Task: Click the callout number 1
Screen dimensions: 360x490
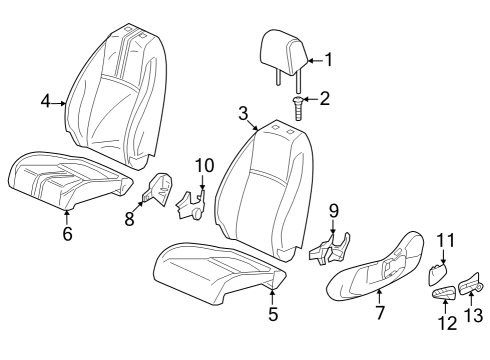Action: pyautogui.click(x=328, y=60)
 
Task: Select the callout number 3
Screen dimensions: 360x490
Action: pyautogui.click(x=243, y=113)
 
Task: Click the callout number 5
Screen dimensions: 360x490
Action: pyautogui.click(x=273, y=313)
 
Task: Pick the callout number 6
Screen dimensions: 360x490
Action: pyautogui.click(x=67, y=233)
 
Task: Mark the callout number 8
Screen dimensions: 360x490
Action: pyautogui.click(x=129, y=219)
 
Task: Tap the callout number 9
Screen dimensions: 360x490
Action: pyautogui.click(x=334, y=211)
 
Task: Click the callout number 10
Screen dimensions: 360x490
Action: pyautogui.click(x=204, y=165)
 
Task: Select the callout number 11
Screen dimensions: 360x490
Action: pyautogui.click(x=445, y=240)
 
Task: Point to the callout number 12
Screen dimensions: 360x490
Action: pyautogui.click(x=445, y=322)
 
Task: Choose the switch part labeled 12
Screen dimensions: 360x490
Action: pyautogui.click(x=444, y=292)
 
